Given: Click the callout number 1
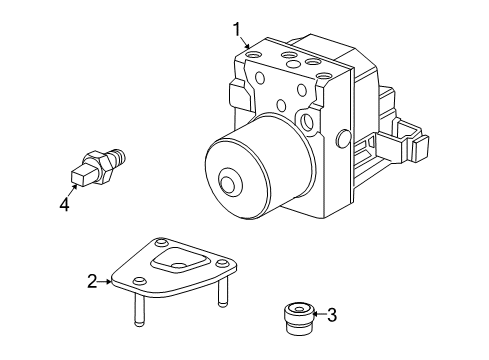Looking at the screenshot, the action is point(237,30).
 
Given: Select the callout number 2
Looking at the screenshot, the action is point(92,281).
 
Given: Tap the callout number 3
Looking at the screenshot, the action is point(332,315).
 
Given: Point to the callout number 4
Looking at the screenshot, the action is point(64,204).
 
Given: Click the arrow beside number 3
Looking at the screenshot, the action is point(319,314).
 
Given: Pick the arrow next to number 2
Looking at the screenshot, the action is point(105,282).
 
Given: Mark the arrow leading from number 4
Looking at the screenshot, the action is point(72,190).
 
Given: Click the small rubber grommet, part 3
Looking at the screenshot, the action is point(298,318).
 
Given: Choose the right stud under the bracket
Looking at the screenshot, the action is point(222,293).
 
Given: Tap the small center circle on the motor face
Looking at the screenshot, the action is point(229,183).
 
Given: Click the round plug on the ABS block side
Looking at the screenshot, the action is point(344,138).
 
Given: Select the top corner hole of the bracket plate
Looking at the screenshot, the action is point(161,242).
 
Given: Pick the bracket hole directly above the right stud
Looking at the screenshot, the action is point(222,264).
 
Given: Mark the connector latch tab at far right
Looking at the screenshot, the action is point(420,148).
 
